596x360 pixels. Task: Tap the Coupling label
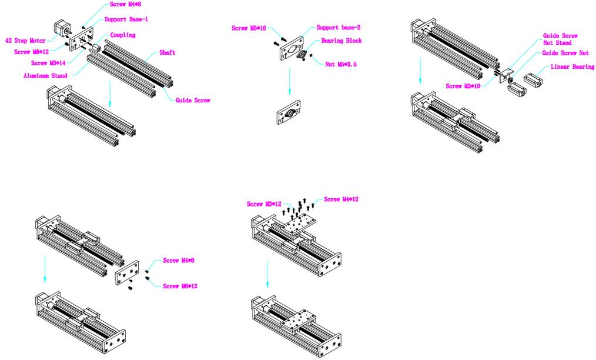[x=123, y=35]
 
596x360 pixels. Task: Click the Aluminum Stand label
[x=45, y=76]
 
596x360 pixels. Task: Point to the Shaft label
[x=167, y=53]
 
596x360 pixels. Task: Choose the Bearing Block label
[x=341, y=41]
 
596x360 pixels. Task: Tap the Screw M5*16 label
[x=248, y=28]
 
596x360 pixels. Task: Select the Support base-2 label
[x=339, y=28]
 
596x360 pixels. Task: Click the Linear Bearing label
[x=572, y=67]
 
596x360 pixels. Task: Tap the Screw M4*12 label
[x=341, y=199]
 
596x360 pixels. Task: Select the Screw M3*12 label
[x=264, y=204]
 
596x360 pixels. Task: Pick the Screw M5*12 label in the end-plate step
[x=180, y=286]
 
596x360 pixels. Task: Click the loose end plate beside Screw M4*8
[x=127, y=274]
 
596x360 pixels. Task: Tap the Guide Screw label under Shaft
[x=193, y=100]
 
